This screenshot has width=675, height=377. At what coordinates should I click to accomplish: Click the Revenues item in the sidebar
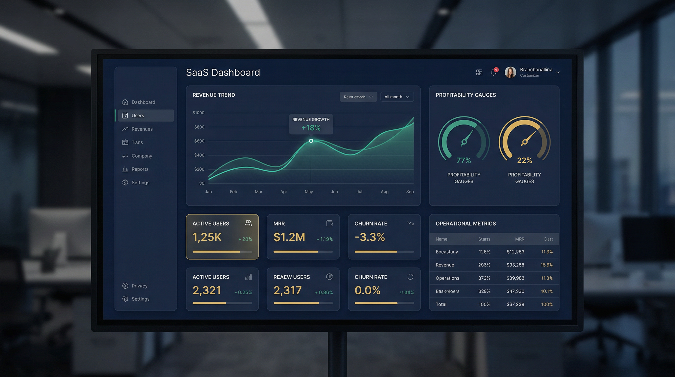coord(142,129)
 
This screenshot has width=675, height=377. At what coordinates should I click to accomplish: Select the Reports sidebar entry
coord(140,169)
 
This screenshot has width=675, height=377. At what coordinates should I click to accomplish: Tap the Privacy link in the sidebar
coord(139,286)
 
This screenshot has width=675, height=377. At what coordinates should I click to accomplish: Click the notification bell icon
coord(493,72)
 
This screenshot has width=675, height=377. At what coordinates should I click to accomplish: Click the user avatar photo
coord(510,72)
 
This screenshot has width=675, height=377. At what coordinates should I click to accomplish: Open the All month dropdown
coord(397,97)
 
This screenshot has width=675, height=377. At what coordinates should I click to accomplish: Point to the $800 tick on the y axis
coord(199,127)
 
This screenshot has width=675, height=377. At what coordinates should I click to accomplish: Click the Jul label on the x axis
coord(359,192)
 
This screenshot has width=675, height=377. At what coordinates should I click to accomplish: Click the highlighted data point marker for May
coord(311,141)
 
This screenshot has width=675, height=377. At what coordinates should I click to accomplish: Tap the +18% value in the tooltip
coord(311,128)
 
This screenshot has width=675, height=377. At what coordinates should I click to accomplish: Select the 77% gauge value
coord(464,160)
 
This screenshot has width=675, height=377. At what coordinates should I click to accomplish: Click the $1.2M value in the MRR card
coord(289,237)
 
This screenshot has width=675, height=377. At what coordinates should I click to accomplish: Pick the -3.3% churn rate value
coord(370,237)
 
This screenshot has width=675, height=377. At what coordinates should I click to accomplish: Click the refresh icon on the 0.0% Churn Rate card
coord(410,277)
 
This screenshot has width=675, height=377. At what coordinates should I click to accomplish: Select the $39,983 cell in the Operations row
coord(515,278)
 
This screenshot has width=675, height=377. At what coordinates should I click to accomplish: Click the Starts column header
coord(484,239)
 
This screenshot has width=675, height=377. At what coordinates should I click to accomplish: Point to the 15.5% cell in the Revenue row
coord(547,265)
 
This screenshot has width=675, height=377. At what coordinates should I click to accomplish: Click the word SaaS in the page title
coord(197,73)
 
